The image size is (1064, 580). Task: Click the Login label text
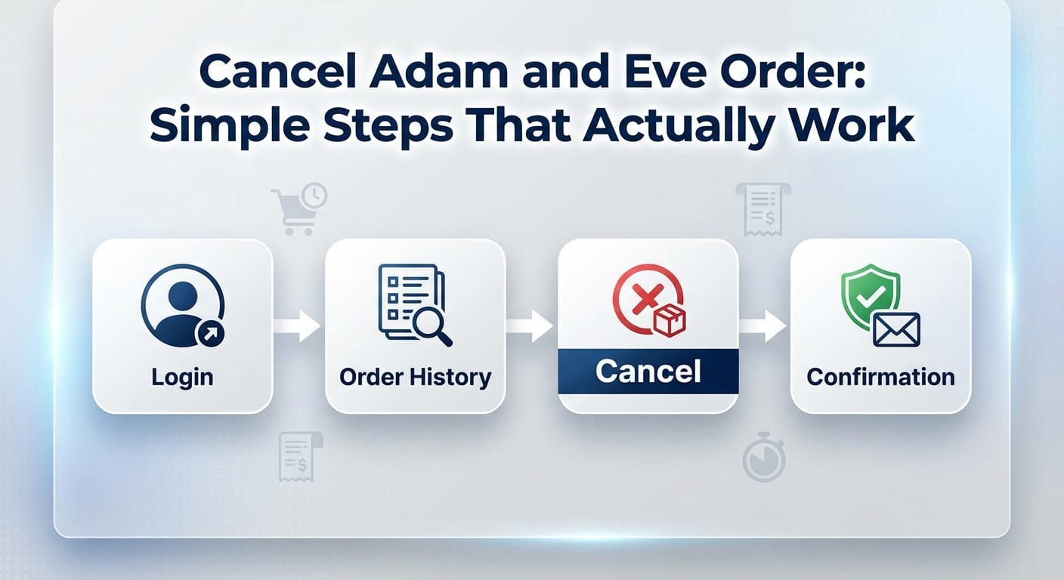click(182, 377)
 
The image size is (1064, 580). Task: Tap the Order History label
click(415, 377)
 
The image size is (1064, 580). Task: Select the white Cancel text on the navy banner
click(648, 371)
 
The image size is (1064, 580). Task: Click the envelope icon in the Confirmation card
click(896, 329)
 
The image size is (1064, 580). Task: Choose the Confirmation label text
click(880, 377)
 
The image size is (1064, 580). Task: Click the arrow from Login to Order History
click(298, 326)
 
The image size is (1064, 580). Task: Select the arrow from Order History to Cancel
click(530, 326)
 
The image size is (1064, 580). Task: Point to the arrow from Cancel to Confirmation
click(763, 326)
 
